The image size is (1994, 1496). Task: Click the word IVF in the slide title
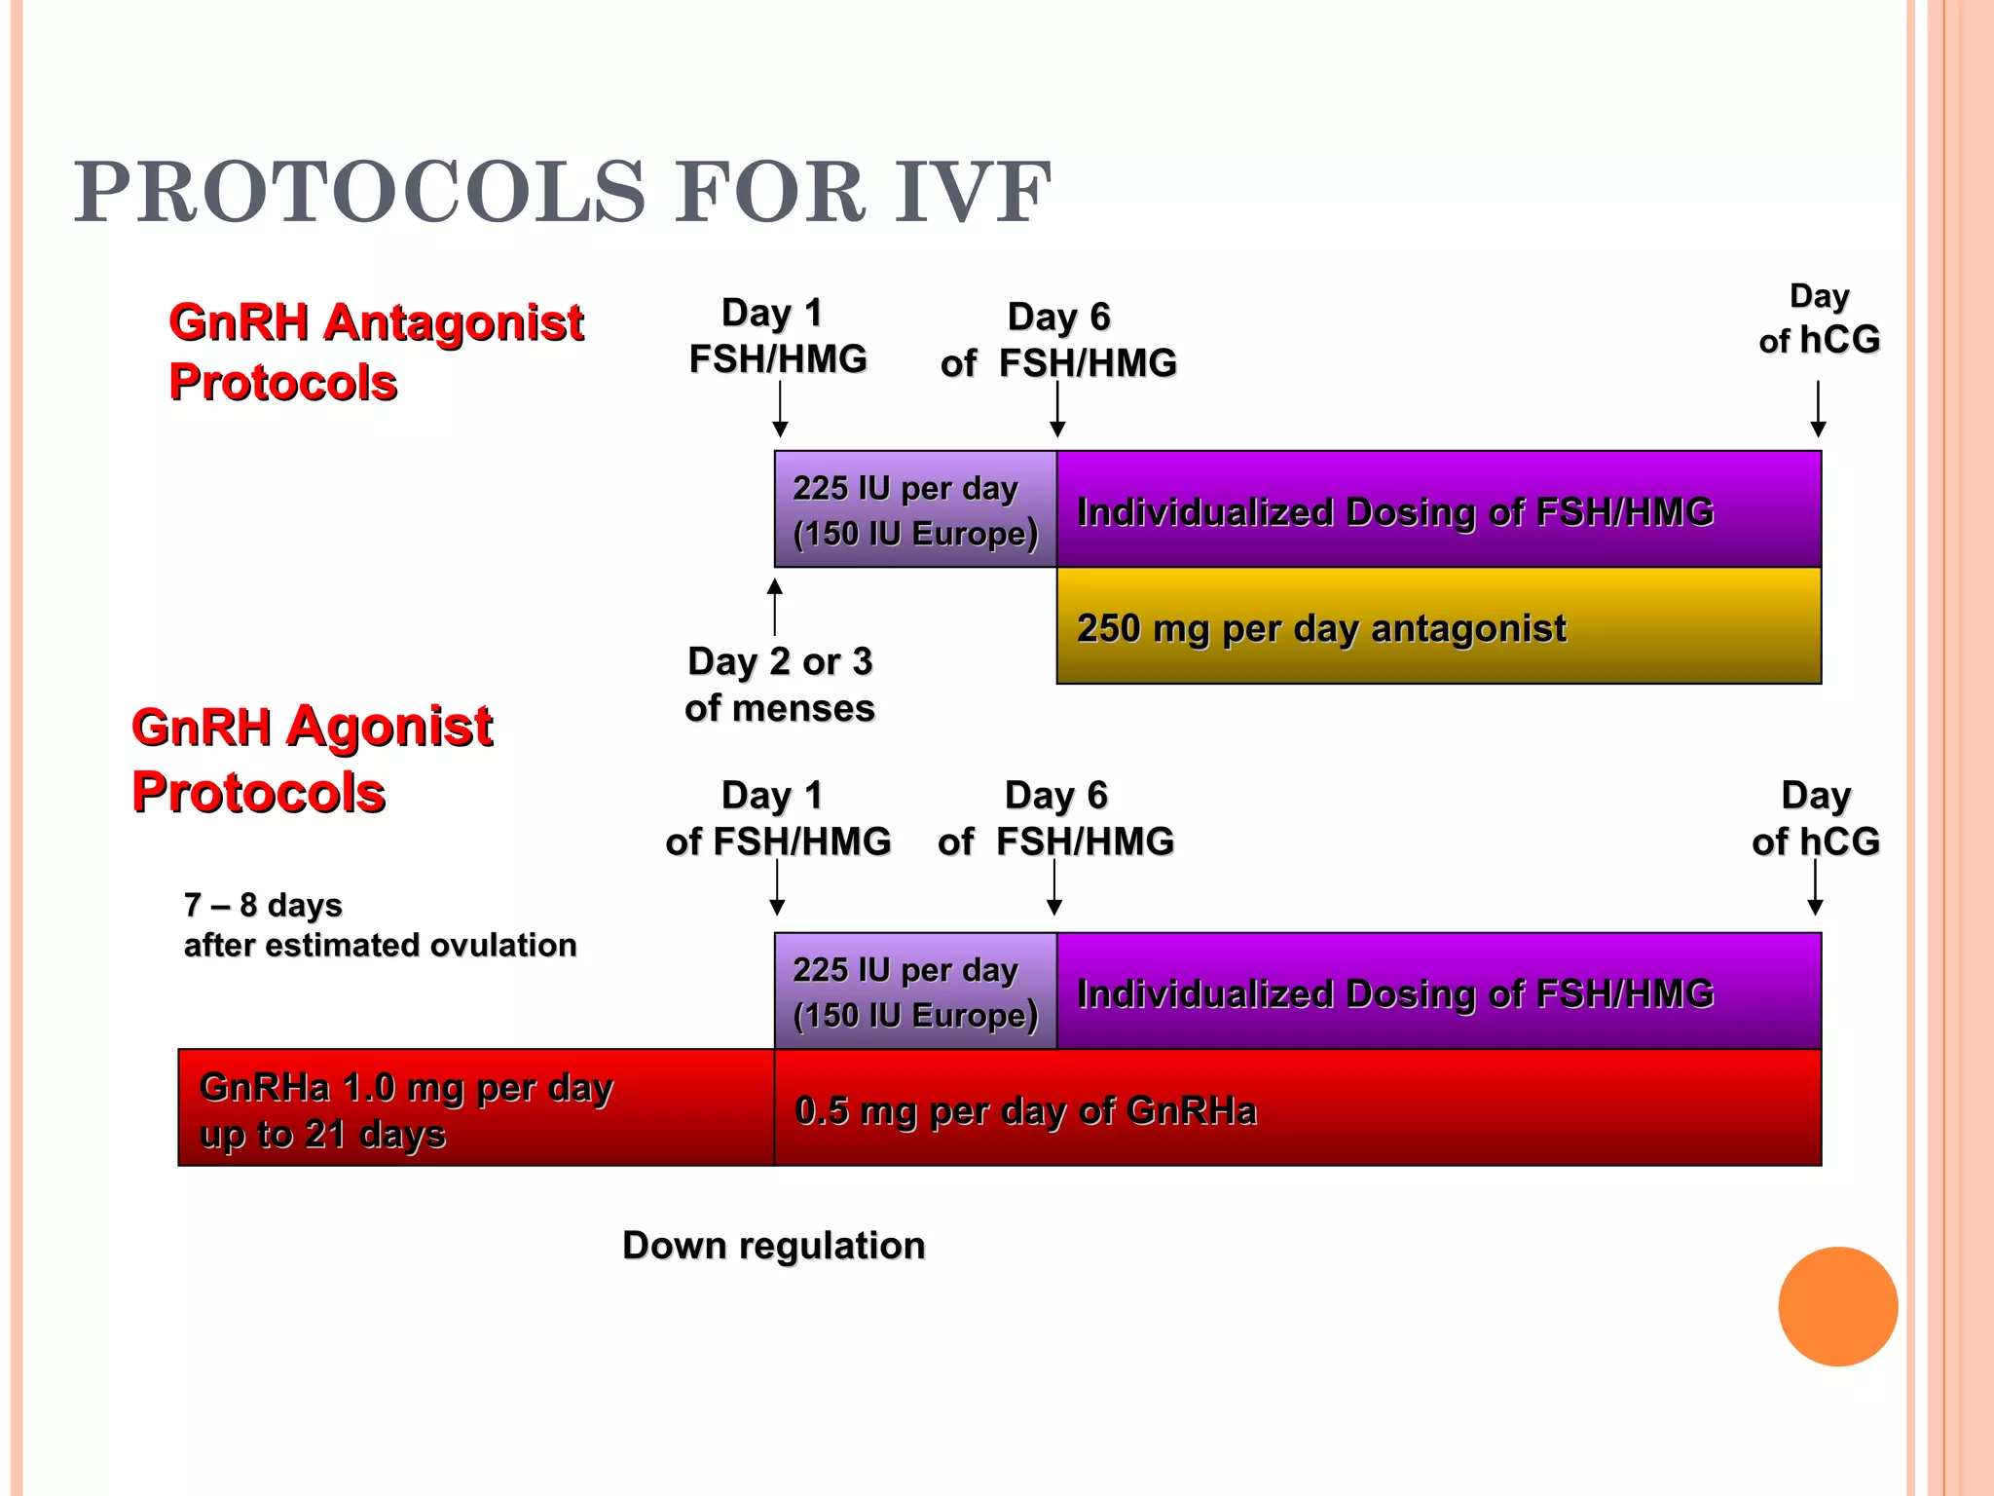[972, 192]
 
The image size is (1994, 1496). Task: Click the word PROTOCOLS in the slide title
[360, 192]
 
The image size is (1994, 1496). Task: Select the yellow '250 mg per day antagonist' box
[1438, 626]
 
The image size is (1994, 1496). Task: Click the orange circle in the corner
[1837, 1306]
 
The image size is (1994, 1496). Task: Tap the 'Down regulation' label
[773, 1246]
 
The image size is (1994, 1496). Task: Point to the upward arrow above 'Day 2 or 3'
[775, 606]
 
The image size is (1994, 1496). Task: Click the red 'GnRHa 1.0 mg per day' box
[476, 1108]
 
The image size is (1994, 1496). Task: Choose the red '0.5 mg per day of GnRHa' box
[1297, 1108]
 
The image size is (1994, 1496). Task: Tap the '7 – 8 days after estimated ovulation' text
[380, 925]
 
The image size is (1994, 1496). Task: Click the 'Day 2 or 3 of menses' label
[779, 685]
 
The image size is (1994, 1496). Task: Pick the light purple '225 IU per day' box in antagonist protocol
[915, 509]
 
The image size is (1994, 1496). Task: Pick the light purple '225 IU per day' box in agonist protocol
[915, 991]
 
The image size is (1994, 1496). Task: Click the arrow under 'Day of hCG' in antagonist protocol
[1818, 409]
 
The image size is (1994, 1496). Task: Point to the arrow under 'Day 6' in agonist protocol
[1053, 887]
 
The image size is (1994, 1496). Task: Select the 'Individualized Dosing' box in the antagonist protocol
[1438, 509]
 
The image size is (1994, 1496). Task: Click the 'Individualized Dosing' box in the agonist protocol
[1438, 991]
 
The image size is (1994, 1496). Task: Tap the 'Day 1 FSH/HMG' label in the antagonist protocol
[777, 336]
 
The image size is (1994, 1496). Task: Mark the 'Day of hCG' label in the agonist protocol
[1815, 818]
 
